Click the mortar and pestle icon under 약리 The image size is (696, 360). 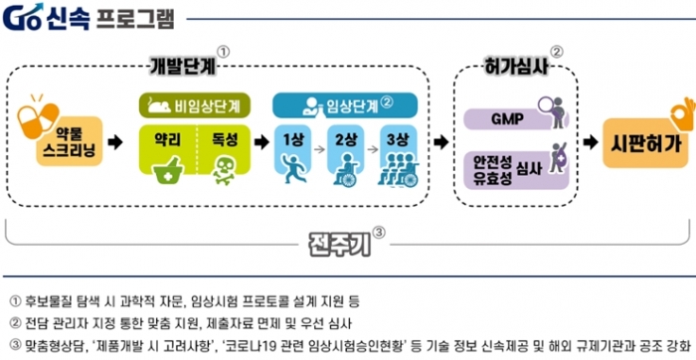click(x=168, y=168)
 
